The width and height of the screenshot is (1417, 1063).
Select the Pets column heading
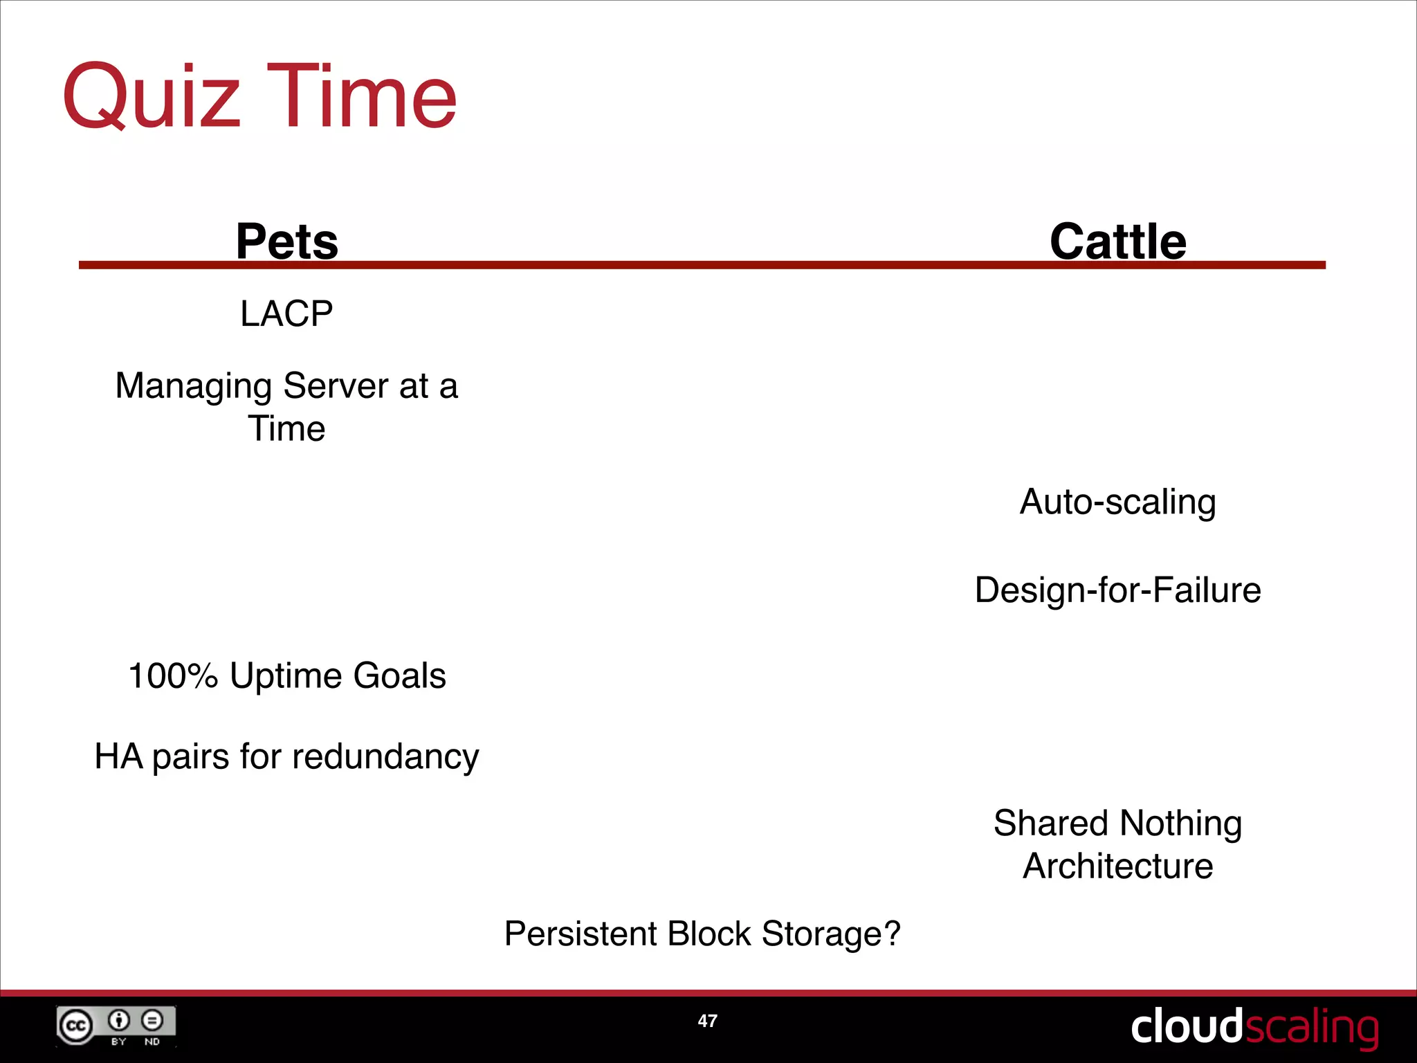(x=286, y=242)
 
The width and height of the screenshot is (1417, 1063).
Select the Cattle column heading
(x=1117, y=242)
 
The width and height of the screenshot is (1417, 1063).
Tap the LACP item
(x=286, y=314)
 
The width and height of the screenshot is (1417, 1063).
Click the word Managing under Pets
(x=193, y=386)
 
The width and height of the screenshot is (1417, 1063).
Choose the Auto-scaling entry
(x=1117, y=502)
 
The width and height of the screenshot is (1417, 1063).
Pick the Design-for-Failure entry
(x=1117, y=590)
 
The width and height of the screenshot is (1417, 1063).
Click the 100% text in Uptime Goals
(x=173, y=675)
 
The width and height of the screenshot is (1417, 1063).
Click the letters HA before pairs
(x=118, y=756)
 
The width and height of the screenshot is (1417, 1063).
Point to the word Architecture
(x=1117, y=866)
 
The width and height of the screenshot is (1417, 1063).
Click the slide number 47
(x=707, y=1021)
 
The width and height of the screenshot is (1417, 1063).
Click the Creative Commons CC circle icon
(x=75, y=1026)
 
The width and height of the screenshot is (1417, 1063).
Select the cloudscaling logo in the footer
(x=1254, y=1027)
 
